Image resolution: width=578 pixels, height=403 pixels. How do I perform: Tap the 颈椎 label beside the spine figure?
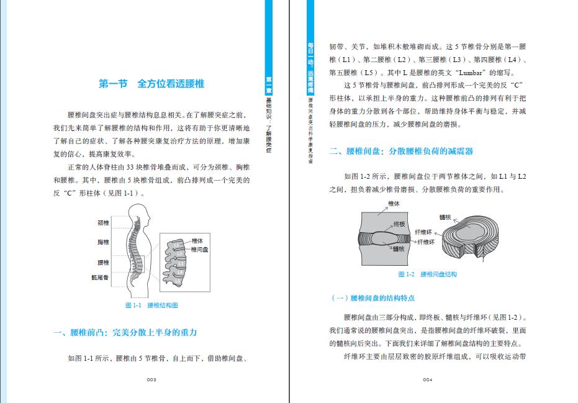click(x=103, y=223)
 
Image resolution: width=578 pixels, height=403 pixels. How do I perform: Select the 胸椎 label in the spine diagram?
click(x=103, y=242)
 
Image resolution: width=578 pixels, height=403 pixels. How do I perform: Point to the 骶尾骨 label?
click(x=101, y=278)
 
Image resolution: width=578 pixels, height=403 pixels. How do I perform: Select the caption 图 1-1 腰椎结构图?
click(x=151, y=306)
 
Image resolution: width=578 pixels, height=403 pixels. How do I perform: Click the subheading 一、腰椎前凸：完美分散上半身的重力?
click(x=125, y=333)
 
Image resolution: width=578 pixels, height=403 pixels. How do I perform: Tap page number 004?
click(x=427, y=379)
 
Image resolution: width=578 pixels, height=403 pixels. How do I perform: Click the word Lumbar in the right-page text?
click(x=458, y=72)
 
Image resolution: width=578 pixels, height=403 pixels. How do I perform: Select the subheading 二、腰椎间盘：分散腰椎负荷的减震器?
click(x=405, y=151)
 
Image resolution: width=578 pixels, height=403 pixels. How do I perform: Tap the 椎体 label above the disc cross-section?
click(x=394, y=203)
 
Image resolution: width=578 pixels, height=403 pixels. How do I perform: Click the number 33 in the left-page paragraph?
click(x=130, y=168)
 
